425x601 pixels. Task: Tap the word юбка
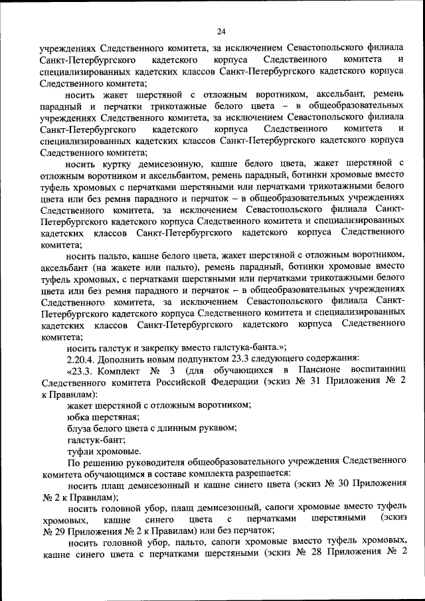[78, 417]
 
